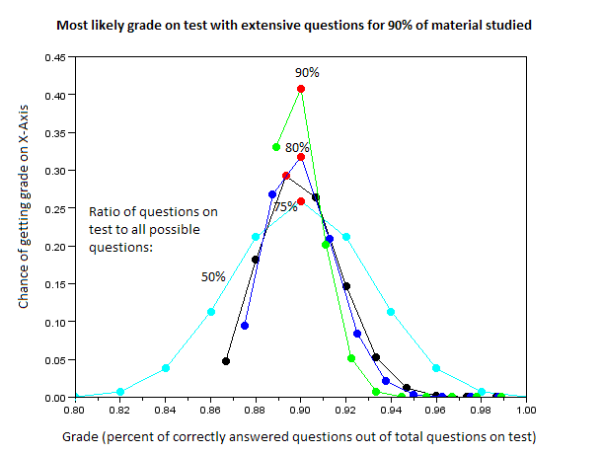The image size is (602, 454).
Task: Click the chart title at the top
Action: click(300, 25)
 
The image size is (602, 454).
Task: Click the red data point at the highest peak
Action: click(301, 89)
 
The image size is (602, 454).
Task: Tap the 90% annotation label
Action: click(308, 73)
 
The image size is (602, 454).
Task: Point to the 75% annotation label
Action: click(285, 207)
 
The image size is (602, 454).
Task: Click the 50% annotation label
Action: click(213, 276)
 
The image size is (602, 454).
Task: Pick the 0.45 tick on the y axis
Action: click(55, 57)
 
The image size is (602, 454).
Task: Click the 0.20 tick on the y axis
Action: click(55, 246)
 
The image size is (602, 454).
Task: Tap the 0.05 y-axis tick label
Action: click(55, 359)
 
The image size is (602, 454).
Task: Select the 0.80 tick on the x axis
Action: click(73, 408)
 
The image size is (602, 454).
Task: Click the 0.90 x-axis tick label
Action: click(300, 408)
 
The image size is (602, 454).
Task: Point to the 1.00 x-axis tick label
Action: click(526, 408)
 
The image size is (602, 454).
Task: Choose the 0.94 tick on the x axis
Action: click(391, 408)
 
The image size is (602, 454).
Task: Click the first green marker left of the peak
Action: click(276, 147)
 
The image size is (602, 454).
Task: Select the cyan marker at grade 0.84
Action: click(166, 368)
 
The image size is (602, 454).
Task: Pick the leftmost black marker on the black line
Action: click(226, 361)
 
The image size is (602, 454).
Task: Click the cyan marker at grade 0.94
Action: click(392, 312)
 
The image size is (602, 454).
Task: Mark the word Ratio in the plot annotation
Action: click(105, 211)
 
